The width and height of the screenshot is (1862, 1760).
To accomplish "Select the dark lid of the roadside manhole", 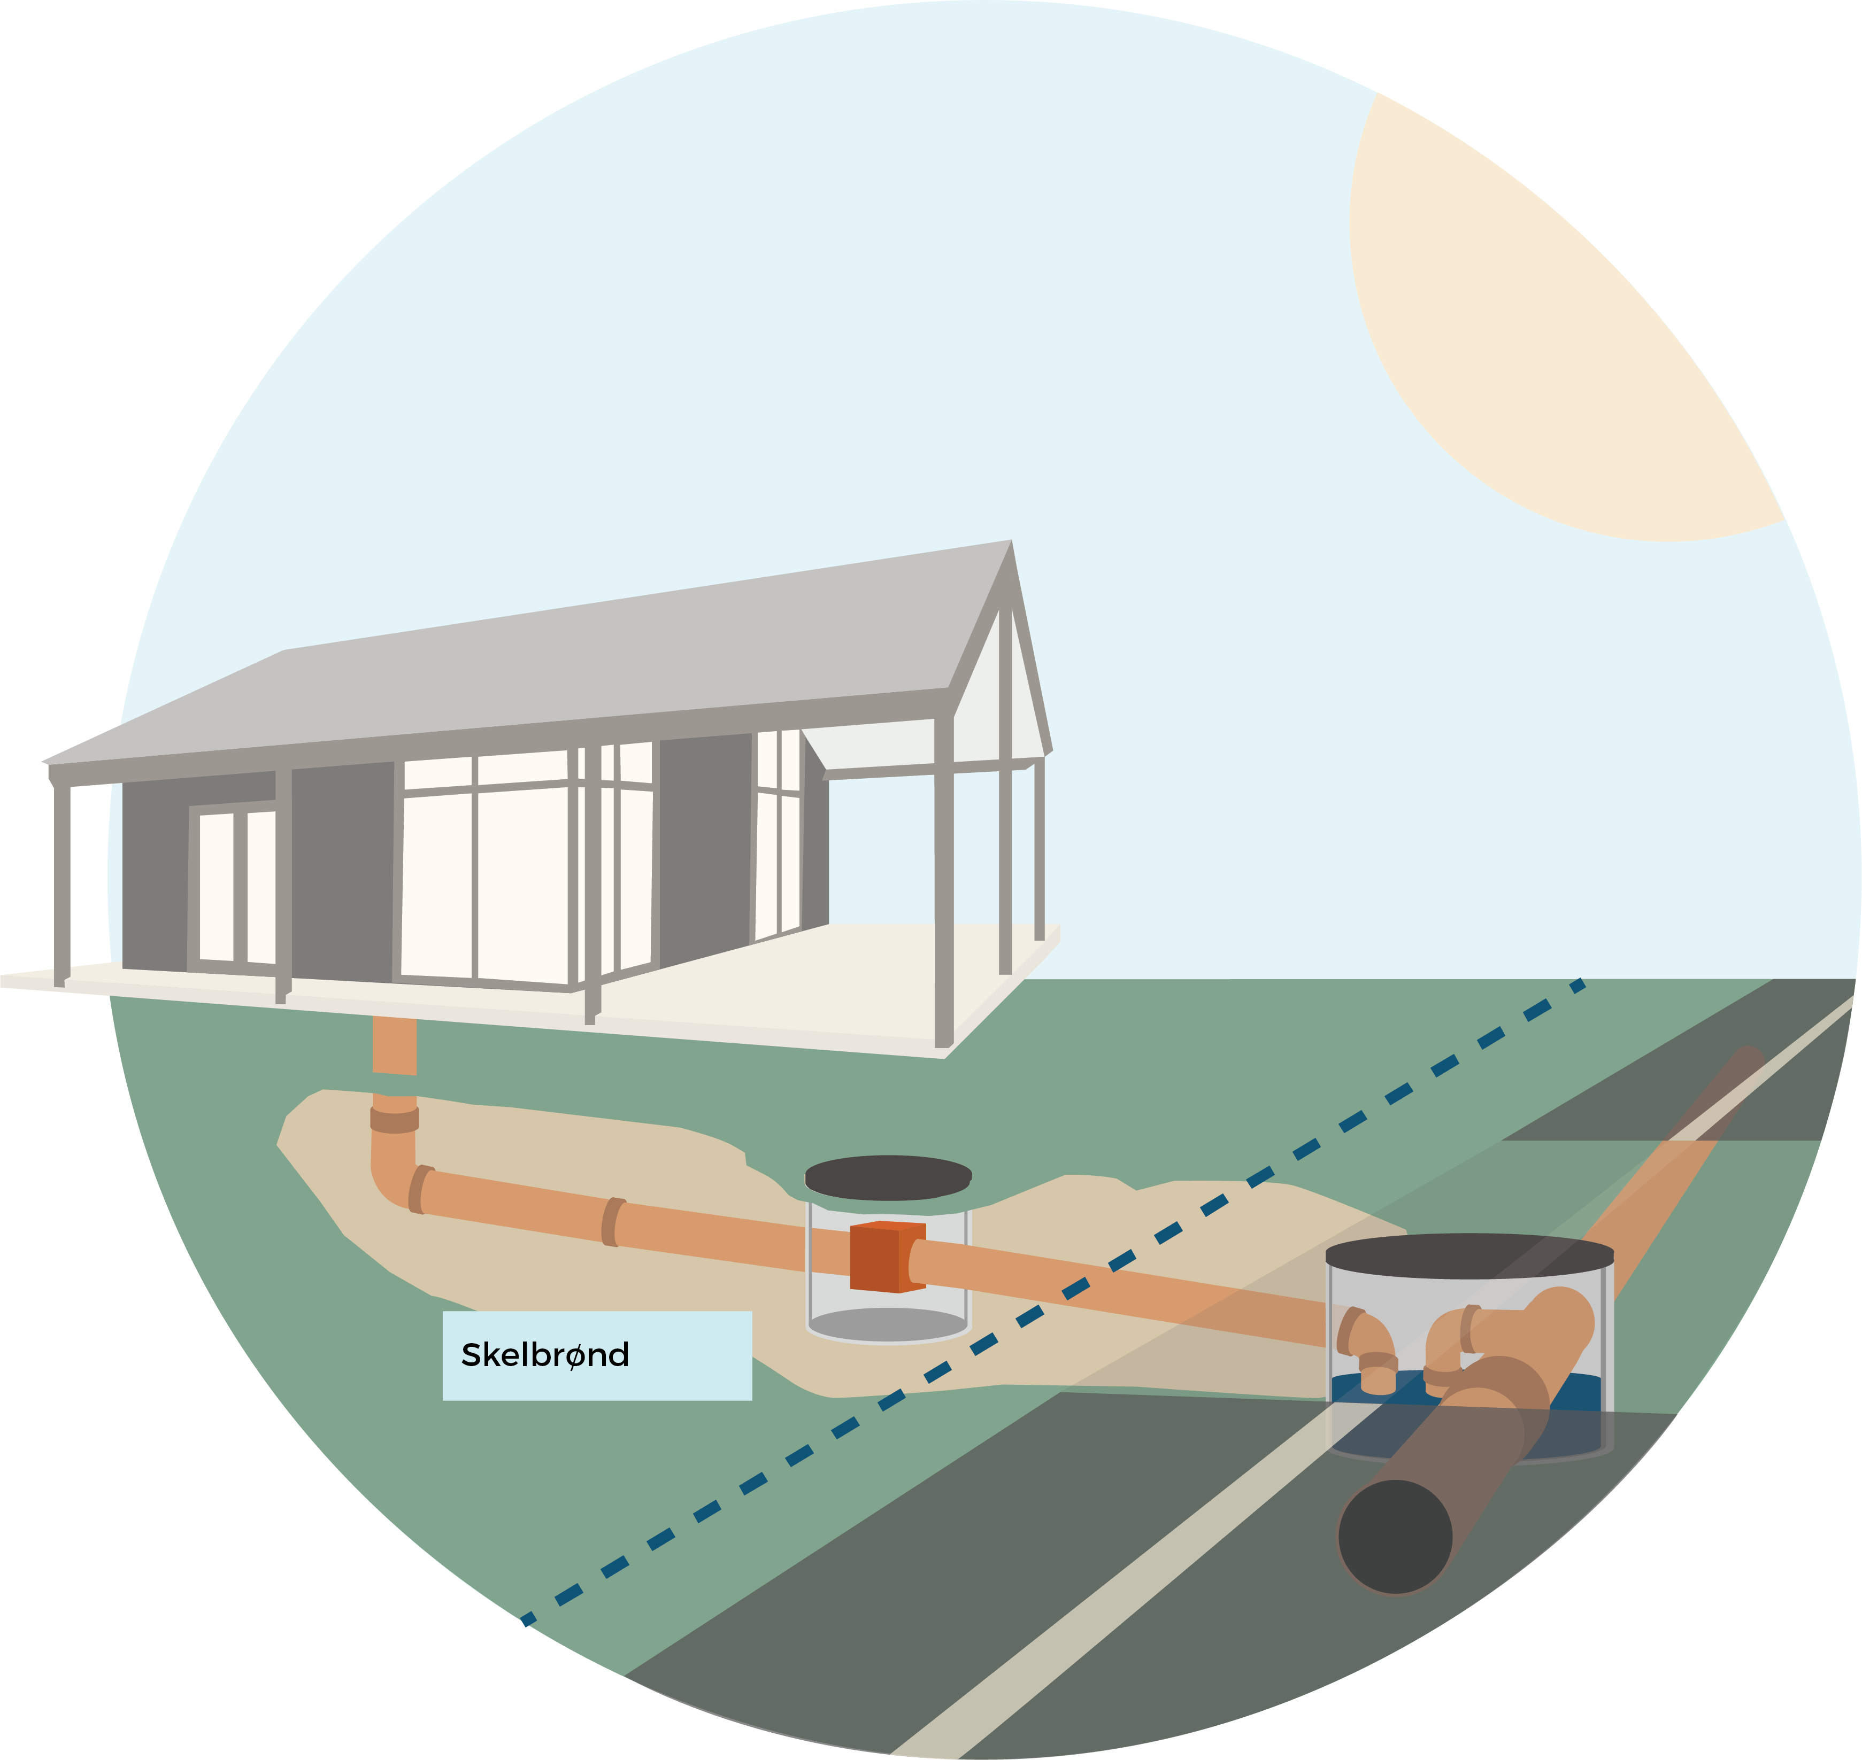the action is tap(1469, 1256).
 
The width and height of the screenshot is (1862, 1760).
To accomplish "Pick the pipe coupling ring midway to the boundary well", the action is tap(612, 1221).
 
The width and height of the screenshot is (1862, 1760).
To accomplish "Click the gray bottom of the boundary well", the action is tap(887, 1325).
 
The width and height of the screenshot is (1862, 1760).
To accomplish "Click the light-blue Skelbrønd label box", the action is tap(597, 1355).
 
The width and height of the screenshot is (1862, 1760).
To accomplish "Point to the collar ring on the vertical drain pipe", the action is tap(394, 1119).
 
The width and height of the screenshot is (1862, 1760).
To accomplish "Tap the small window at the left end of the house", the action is tap(236, 887).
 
